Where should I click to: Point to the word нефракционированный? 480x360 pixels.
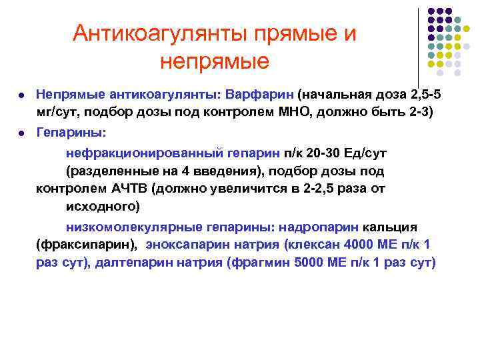click(137, 153)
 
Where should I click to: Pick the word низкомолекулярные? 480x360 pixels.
click(127, 227)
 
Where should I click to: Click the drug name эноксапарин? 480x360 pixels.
click(191, 245)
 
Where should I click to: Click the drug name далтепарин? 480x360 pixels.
click(132, 262)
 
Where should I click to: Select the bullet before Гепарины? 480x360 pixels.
click(23, 134)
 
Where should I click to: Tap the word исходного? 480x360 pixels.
click(101, 205)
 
